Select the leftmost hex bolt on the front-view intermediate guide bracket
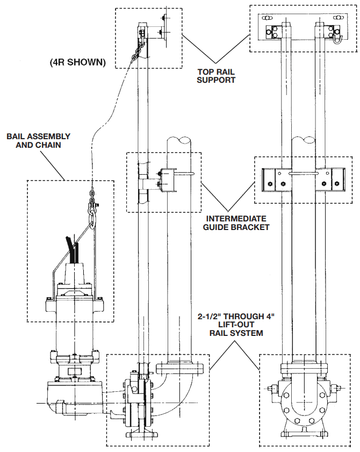pyautogui.click(x=267, y=184)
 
